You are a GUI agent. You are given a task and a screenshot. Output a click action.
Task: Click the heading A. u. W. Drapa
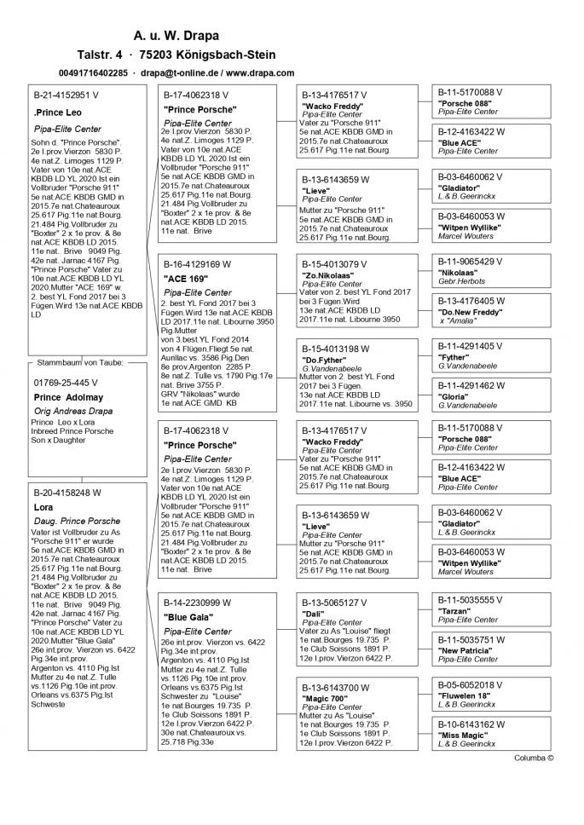(x=176, y=37)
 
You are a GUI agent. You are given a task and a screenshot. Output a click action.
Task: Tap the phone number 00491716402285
(x=95, y=74)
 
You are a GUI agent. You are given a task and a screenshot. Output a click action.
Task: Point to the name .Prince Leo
(x=57, y=112)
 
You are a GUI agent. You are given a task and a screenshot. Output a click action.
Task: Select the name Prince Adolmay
(x=68, y=397)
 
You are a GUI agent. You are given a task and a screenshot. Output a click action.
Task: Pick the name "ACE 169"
(x=186, y=278)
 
